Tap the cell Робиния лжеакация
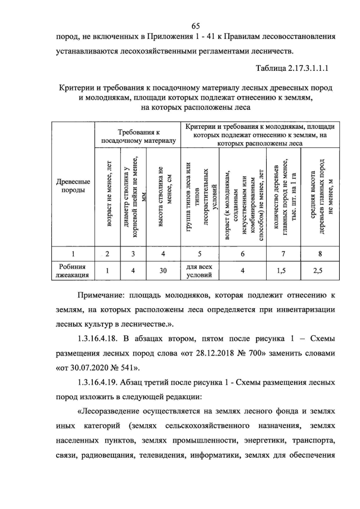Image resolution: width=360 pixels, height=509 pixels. tap(74, 271)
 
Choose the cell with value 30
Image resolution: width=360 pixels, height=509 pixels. tap(163, 271)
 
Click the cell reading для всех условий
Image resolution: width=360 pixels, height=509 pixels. tap(200, 271)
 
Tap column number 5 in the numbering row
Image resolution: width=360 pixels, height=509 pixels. tap(200, 254)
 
